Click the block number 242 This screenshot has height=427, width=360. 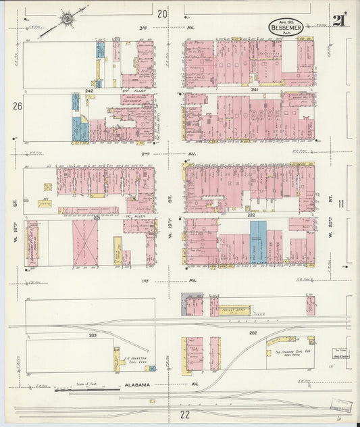pos(88,91)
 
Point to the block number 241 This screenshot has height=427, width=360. pos(255,90)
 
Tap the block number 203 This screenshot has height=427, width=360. pos(93,334)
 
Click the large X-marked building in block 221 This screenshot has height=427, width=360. pos(85,242)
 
